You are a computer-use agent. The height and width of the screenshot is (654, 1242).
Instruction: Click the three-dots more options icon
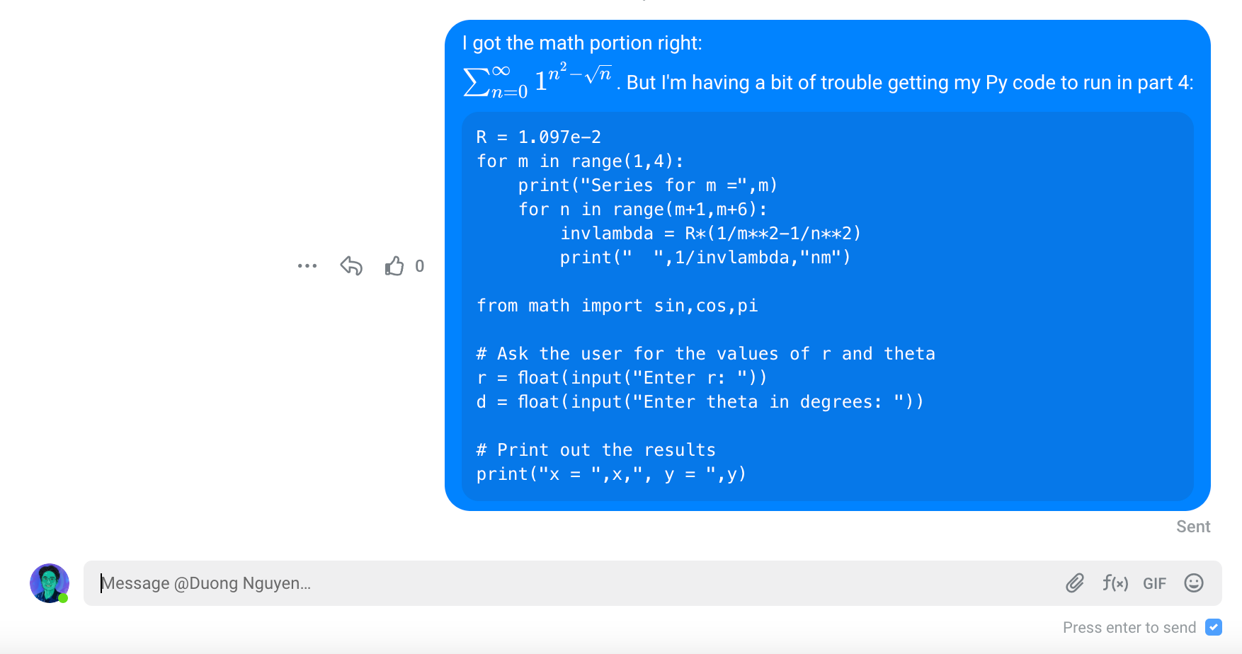307,266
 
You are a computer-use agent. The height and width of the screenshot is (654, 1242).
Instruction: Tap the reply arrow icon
351,265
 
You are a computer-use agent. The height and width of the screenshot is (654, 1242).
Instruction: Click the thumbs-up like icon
394,265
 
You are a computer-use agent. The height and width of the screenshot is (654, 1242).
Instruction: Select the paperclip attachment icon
1075,583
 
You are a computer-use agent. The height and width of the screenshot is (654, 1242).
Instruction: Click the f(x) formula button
1115,583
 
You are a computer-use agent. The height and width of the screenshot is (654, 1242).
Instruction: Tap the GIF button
1154,584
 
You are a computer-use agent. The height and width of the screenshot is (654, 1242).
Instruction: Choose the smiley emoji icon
1194,583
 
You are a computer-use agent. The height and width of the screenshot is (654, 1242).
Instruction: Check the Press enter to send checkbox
1214,627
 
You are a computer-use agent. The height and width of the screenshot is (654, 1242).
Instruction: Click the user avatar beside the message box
50,583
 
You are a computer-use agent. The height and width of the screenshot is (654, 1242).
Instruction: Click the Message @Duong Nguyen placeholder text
206,583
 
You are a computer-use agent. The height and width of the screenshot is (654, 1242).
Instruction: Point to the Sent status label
1193,527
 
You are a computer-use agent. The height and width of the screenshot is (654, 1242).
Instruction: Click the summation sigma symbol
476,82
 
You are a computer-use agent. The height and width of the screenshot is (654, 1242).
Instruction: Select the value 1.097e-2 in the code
559,137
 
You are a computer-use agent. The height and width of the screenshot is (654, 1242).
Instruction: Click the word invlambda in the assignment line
607,234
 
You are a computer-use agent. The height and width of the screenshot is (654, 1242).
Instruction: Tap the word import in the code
612,306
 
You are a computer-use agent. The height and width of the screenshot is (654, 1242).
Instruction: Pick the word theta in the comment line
909,354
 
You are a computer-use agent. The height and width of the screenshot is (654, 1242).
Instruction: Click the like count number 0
420,266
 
